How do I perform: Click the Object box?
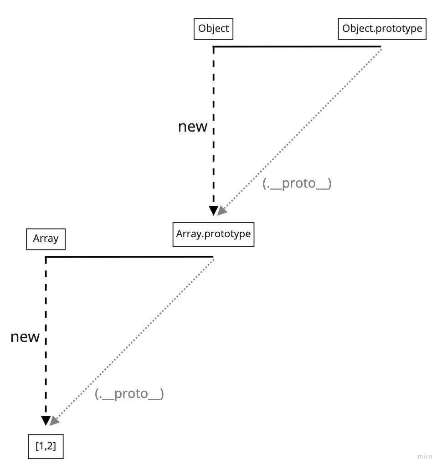click(213, 29)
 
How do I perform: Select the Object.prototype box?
click(382, 29)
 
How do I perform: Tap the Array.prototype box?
click(213, 234)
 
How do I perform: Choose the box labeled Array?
click(46, 239)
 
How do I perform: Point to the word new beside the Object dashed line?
click(192, 127)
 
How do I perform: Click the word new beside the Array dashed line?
click(25, 337)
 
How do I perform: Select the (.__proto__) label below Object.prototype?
click(297, 184)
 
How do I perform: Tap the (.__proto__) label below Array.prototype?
click(129, 394)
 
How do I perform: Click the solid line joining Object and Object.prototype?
click(296, 46)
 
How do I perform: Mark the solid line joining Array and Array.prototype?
click(129, 257)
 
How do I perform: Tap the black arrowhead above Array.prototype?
click(213, 210)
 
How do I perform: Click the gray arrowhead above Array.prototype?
click(222, 211)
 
